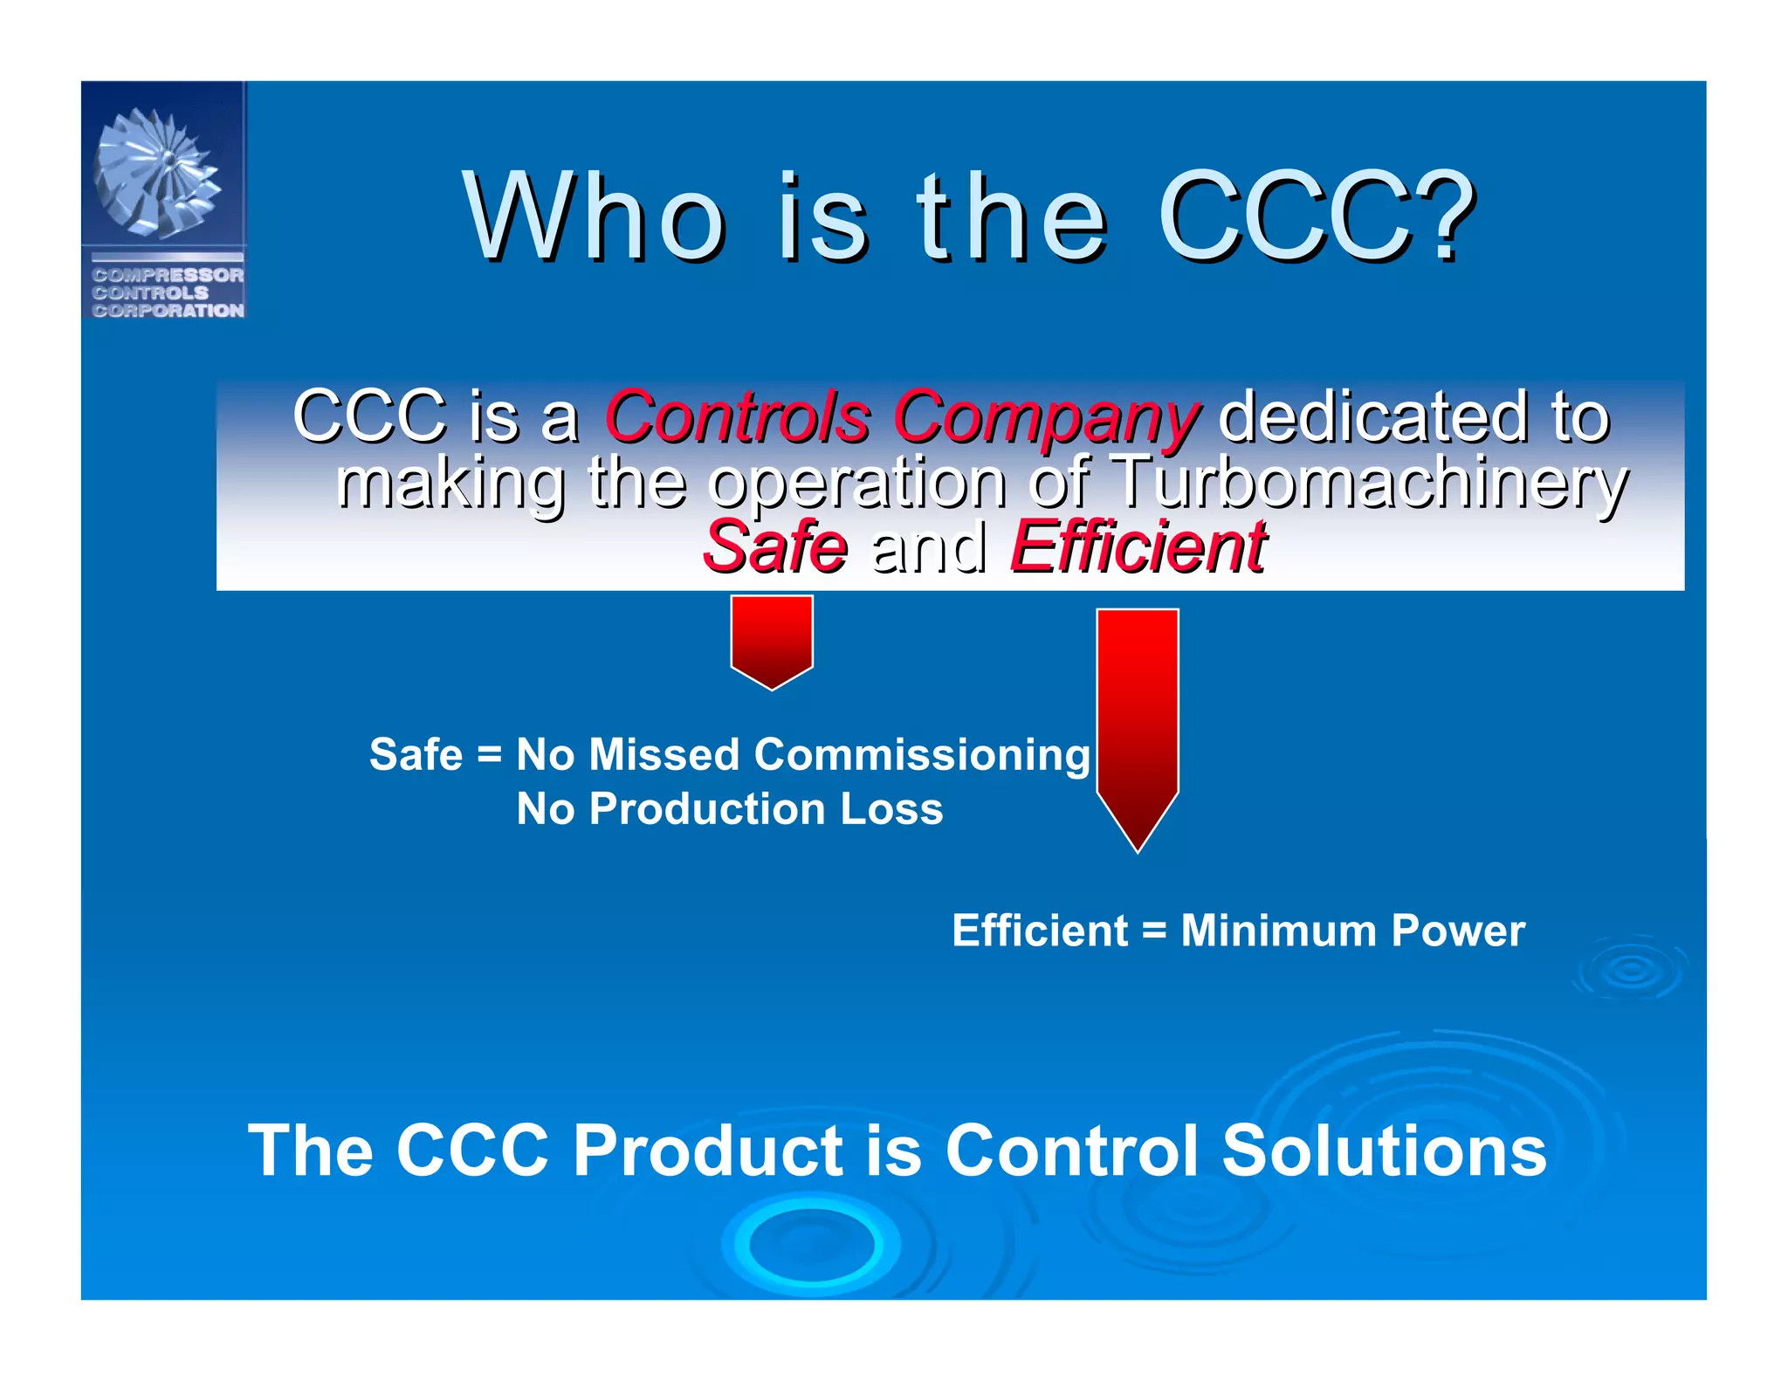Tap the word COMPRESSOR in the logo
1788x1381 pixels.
click(168, 275)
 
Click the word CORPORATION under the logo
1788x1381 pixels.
click(168, 311)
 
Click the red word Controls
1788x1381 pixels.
click(739, 416)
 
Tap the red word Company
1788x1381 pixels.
click(1046, 418)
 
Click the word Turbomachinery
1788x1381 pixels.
click(1371, 482)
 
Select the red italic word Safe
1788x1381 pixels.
click(775, 547)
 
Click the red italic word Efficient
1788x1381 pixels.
click(1138, 547)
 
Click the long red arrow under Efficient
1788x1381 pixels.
click(1138, 725)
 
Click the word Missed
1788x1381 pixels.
click(664, 754)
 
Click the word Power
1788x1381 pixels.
click(1458, 931)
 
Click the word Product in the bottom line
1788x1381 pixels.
click(708, 1151)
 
